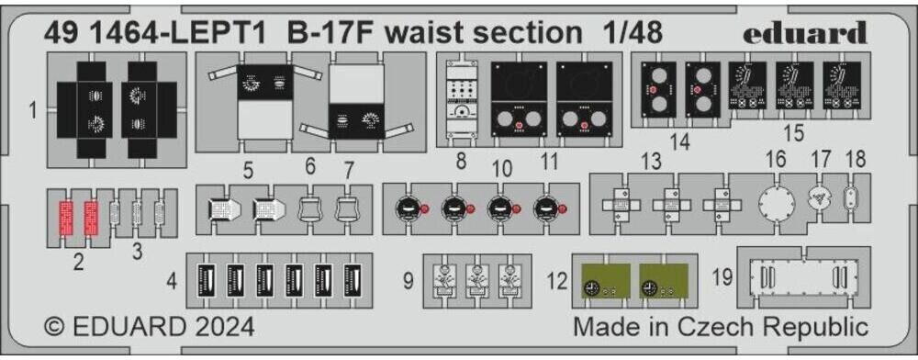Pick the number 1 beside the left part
point(33,112)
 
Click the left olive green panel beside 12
point(602,282)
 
